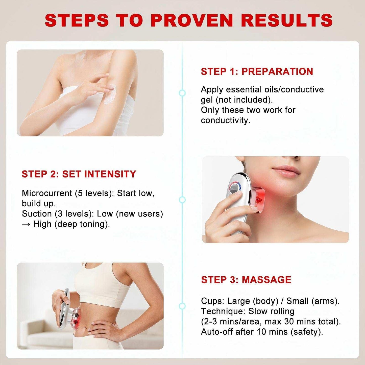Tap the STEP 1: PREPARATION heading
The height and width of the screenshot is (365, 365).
[257, 72]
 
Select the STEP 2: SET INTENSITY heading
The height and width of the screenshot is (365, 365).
[79, 174]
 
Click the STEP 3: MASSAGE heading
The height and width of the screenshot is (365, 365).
[246, 280]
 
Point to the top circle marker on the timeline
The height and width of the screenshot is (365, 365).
[182, 93]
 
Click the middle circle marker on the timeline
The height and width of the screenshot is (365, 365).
[182, 200]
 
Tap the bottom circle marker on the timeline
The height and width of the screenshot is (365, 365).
[182, 306]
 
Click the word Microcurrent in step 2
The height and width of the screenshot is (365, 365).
[47, 193]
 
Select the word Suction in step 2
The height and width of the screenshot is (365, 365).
[37, 214]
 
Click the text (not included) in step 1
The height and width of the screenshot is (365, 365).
[244, 100]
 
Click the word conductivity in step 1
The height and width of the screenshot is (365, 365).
[225, 120]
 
